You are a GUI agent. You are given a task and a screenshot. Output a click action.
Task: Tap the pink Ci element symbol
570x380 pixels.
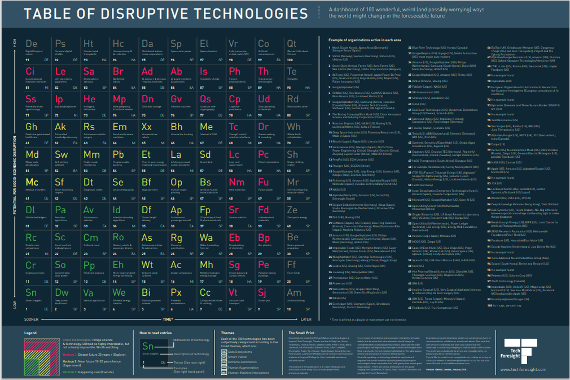30,71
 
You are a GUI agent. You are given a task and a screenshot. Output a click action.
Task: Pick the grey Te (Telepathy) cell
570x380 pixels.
297,77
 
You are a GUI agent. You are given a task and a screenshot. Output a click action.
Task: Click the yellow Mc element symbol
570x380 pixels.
32,182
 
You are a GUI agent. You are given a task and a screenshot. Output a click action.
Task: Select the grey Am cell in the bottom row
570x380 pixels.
297,299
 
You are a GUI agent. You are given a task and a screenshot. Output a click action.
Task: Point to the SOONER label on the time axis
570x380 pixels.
30,319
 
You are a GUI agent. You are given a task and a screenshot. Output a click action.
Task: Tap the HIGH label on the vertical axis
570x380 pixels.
15,43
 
